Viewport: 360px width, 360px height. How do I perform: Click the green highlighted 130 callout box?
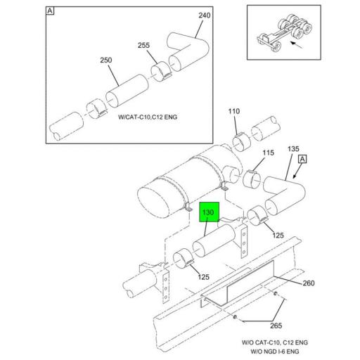click(210, 212)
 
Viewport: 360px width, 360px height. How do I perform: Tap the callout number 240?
click(205, 16)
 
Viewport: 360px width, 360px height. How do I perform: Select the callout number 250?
click(106, 60)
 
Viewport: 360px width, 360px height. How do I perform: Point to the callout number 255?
click(143, 46)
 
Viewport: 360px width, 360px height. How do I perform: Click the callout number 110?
click(233, 111)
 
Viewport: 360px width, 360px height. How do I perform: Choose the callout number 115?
click(268, 153)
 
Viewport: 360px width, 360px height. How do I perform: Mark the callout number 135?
click(294, 149)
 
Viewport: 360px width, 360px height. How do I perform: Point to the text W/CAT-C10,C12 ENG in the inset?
click(148, 116)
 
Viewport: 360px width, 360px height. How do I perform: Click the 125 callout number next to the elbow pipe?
click(278, 235)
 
